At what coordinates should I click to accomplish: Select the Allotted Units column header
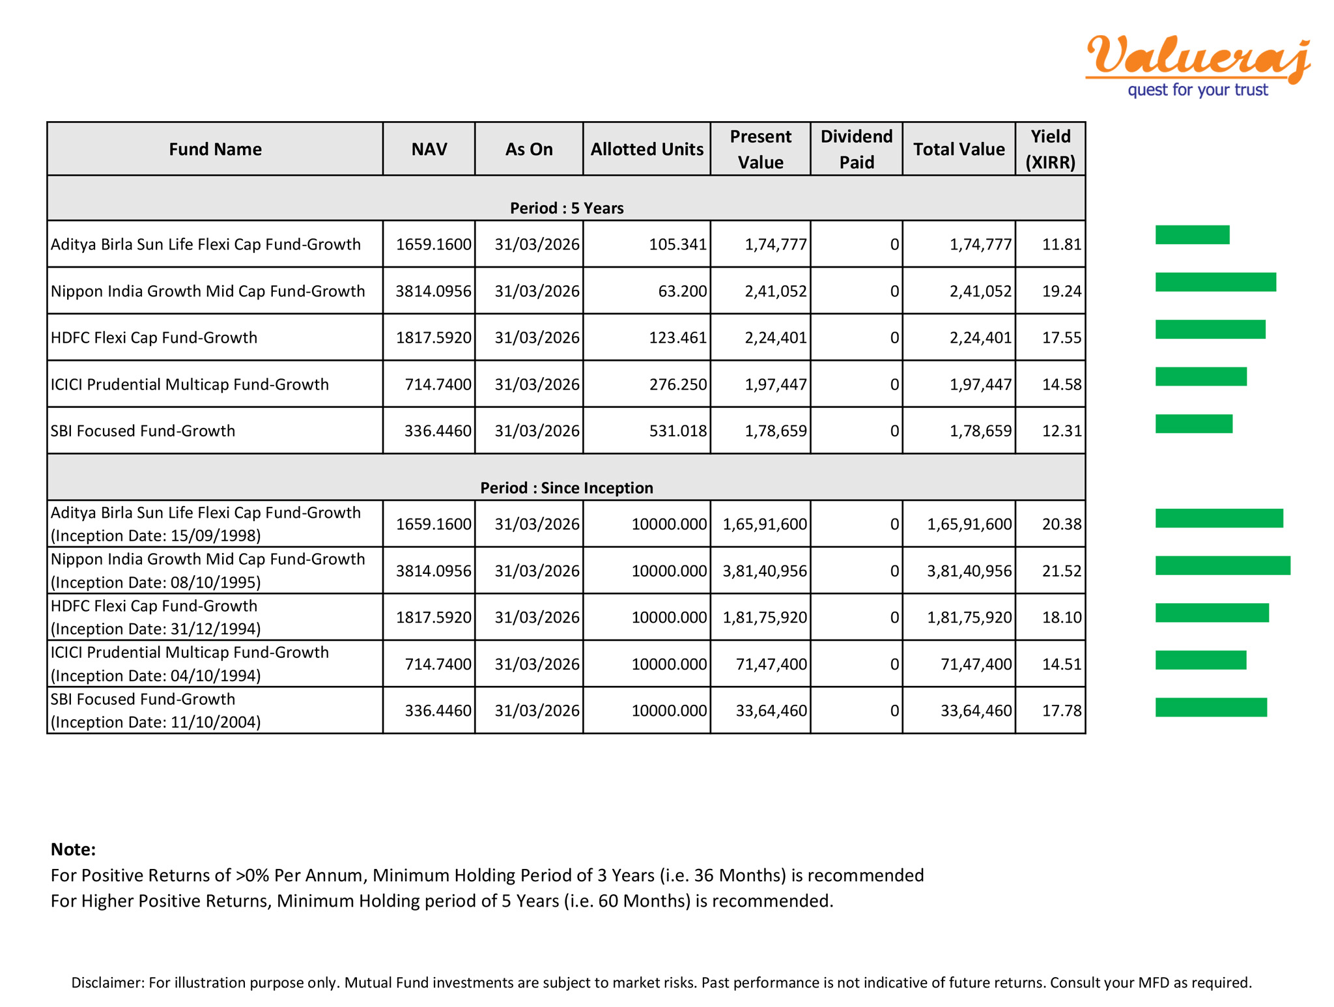[646, 149]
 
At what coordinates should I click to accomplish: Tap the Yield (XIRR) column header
[1050, 149]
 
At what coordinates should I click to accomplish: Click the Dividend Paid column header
[856, 149]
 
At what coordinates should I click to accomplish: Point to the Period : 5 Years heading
[567, 208]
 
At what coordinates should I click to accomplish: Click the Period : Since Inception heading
[567, 488]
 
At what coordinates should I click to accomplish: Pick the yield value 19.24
[1061, 291]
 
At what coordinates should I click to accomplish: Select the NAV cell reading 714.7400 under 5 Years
[438, 384]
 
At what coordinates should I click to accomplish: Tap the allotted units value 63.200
[682, 291]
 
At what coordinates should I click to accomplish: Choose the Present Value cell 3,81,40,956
[765, 571]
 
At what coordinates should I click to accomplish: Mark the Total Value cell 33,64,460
[976, 711]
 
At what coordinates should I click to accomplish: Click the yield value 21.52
[1061, 571]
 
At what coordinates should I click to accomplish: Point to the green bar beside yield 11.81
[1192, 234]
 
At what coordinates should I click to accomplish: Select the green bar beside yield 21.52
[1223, 565]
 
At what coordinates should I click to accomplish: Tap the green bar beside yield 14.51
[1200, 660]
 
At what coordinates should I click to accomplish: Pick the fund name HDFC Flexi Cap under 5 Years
[154, 337]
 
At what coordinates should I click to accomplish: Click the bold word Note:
[73, 849]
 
